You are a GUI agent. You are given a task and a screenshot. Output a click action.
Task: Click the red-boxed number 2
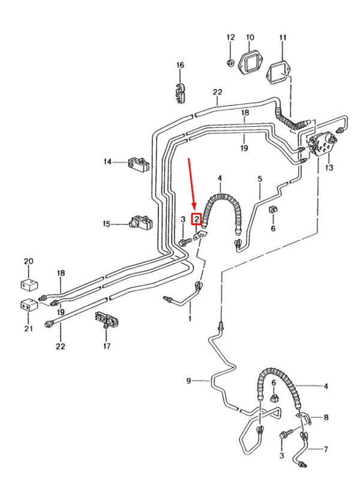(196, 219)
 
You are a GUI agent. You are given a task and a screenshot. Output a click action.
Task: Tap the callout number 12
(230, 38)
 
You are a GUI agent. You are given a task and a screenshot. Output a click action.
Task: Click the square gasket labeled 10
(250, 62)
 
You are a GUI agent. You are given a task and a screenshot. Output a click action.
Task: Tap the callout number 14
(108, 161)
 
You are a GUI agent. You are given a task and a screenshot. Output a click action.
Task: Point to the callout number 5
(260, 179)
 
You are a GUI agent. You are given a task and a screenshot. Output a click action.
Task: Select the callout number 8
(326, 417)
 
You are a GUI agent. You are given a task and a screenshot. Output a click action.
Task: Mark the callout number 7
(326, 448)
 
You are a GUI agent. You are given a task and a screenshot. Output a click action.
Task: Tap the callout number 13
(328, 168)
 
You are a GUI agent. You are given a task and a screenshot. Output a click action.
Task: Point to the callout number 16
(179, 65)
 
